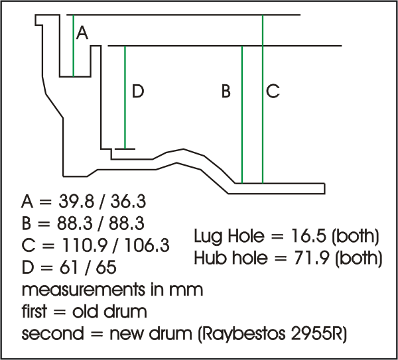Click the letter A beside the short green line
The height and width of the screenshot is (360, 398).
[x=82, y=32]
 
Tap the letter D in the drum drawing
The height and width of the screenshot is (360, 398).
[x=137, y=91]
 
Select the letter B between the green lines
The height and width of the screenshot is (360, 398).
[x=226, y=91]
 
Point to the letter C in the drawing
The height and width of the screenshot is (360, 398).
[x=273, y=91]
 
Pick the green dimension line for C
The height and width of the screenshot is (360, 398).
[x=263, y=99]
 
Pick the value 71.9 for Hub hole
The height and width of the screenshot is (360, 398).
[x=315, y=258]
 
